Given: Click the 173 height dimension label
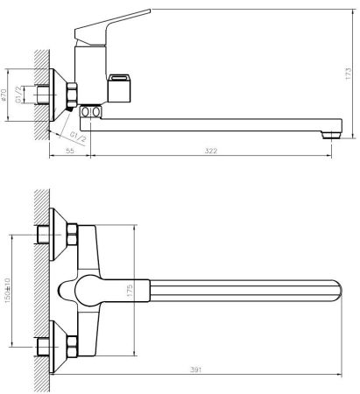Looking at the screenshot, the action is tap(348, 74).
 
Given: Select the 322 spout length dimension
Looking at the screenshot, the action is tap(211, 151).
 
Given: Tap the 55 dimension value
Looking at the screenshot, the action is tap(70, 151).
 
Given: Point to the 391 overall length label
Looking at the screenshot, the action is tap(196, 369).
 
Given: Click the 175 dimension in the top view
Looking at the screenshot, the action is tap(130, 291).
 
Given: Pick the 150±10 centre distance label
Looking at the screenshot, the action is tap(7, 290).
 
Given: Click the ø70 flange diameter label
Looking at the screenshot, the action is tap(4, 95).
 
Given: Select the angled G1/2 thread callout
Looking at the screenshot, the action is tap(78, 137).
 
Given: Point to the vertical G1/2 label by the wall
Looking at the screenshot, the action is tap(18, 95).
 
